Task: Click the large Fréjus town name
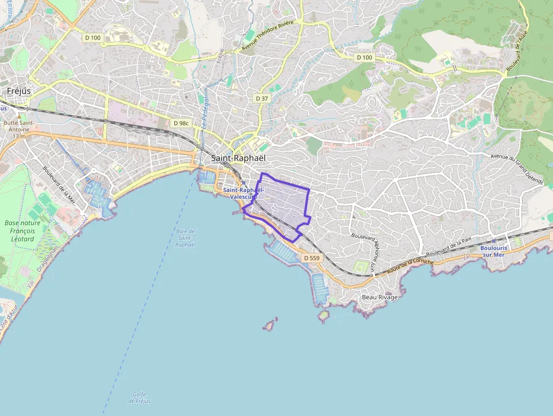click(x=19, y=91)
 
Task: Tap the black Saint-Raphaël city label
click(x=238, y=159)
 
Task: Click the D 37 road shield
click(x=262, y=98)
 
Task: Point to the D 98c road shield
click(x=181, y=123)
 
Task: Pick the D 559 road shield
click(x=311, y=258)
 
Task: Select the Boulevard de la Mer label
click(x=59, y=184)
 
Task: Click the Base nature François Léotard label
click(x=20, y=231)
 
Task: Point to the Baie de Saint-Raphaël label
click(x=185, y=238)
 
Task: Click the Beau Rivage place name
click(x=380, y=297)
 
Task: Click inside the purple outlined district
click(x=282, y=203)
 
